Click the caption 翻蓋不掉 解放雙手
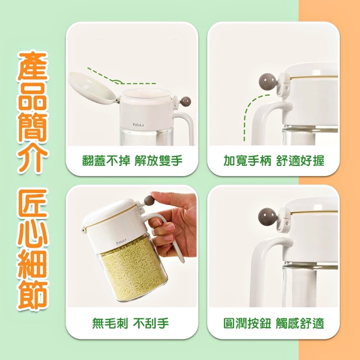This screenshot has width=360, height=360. [x=132, y=161]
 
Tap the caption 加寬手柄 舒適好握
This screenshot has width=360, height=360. [x=274, y=161]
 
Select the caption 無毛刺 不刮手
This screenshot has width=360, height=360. [x=130, y=323]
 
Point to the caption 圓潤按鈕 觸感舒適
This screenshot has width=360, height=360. [x=274, y=323]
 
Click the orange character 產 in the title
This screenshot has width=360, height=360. [x=33, y=66]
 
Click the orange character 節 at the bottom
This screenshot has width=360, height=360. [x=33, y=295]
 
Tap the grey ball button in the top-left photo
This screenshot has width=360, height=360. [x=186, y=101]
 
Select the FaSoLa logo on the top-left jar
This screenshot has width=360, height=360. [x=139, y=125]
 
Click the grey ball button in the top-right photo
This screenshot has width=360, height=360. [x=268, y=81]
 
